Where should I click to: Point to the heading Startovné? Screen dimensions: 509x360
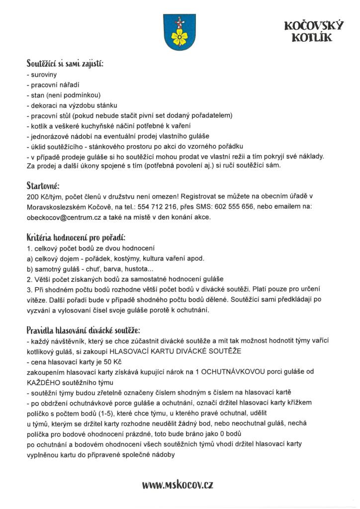(x=43, y=186)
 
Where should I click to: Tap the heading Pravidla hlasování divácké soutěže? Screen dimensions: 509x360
(x=83, y=330)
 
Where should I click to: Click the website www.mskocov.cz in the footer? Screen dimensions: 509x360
(x=178, y=484)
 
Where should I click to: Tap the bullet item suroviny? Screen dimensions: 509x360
(x=43, y=75)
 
